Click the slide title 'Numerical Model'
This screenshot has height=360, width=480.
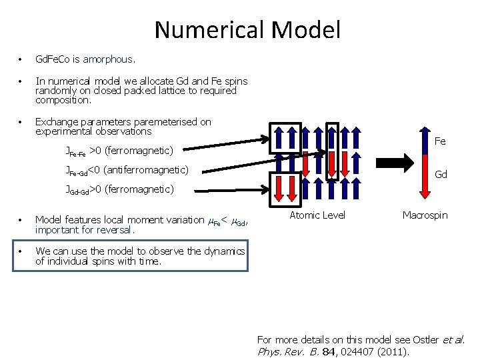click(x=247, y=29)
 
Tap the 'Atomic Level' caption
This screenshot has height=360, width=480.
click(x=317, y=215)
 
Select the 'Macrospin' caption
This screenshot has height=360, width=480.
click(x=425, y=215)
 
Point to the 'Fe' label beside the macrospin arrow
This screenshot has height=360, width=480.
click(x=440, y=141)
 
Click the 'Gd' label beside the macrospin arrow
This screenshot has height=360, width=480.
click(x=441, y=175)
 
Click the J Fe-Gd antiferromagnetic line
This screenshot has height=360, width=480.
click(x=127, y=170)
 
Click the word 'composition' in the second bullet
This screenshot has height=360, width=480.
click(x=63, y=100)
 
